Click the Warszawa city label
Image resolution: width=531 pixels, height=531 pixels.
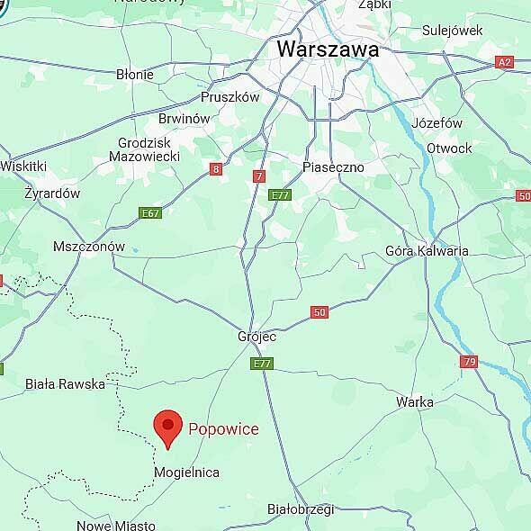tap(328, 49)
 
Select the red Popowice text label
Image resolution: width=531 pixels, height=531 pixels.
tap(223, 428)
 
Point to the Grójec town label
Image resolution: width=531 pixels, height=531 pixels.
tap(256, 337)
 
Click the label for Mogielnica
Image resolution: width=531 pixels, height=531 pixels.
tap(186, 472)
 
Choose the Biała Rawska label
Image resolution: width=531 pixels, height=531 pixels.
tap(65, 383)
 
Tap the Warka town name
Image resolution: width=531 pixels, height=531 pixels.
tap(415, 402)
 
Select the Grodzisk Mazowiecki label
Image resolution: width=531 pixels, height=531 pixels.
tap(149, 149)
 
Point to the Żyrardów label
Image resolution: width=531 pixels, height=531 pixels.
tap(52, 193)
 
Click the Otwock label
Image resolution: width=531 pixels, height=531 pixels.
tap(449, 148)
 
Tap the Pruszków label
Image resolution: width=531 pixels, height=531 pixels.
tap(229, 96)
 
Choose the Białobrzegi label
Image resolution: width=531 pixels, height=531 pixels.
tap(301, 508)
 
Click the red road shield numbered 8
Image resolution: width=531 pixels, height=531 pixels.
tap(216, 168)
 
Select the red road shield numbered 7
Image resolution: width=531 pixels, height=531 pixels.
tap(259, 176)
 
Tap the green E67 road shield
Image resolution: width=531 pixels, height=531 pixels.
tap(150, 213)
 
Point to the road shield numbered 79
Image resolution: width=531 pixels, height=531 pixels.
tap(468, 362)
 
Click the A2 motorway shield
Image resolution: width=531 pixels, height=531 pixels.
tap(505, 63)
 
